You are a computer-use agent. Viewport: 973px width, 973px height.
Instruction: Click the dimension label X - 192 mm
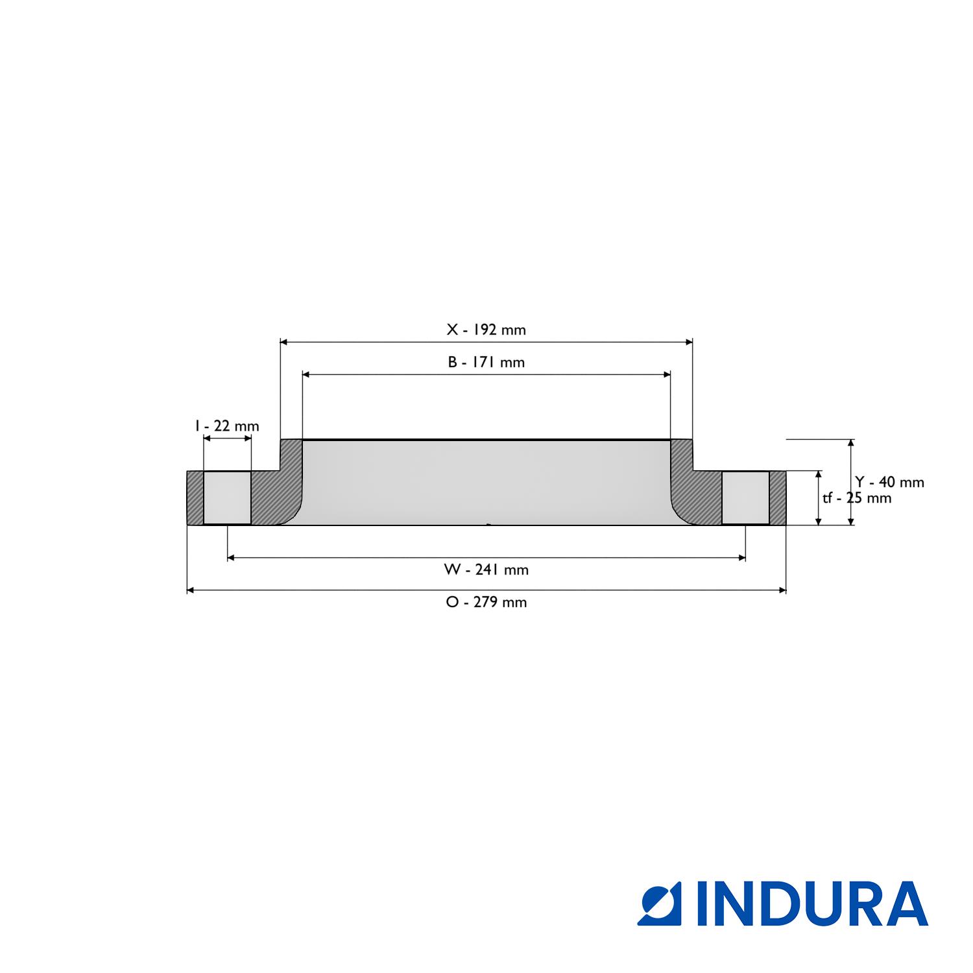(486, 330)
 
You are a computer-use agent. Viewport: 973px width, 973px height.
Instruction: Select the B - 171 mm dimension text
(486, 362)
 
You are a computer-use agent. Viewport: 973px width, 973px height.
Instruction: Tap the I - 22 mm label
(227, 426)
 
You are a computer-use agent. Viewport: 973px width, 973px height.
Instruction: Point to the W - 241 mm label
(486, 570)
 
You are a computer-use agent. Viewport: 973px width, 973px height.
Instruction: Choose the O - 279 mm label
(486, 602)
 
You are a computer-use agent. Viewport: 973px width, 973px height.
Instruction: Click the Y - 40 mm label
(889, 482)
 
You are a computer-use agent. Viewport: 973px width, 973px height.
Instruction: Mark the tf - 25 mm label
(857, 498)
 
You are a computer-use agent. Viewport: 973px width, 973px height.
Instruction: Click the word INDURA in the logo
(813, 903)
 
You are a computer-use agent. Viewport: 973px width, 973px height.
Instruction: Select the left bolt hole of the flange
(227, 498)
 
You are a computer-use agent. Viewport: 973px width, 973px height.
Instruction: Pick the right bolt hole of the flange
(745, 498)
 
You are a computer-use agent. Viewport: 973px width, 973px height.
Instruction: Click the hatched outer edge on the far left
(195, 498)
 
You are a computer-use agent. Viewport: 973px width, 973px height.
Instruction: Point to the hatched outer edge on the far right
(778, 498)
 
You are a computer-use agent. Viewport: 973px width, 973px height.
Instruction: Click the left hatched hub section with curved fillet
(276, 493)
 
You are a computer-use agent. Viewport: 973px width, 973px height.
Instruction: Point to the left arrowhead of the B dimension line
(306, 374)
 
